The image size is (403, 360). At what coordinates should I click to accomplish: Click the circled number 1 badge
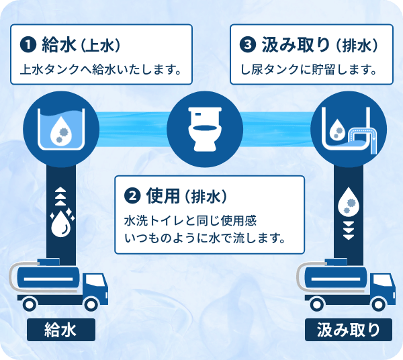(x=28, y=46)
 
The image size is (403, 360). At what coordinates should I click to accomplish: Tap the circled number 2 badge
(x=133, y=196)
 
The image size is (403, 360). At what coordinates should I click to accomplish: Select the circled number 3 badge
(x=249, y=46)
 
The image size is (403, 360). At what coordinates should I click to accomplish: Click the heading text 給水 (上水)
(x=81, y=46)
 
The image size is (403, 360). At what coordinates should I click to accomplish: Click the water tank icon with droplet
(x=58, y=126)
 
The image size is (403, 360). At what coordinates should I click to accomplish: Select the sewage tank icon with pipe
(x=349, y=126)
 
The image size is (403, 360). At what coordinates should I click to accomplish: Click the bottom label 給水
(x=60, y=329)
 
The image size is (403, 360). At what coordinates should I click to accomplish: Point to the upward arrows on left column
(x=59, y=195)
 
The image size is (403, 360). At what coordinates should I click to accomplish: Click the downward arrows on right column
(x=349, y=230)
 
